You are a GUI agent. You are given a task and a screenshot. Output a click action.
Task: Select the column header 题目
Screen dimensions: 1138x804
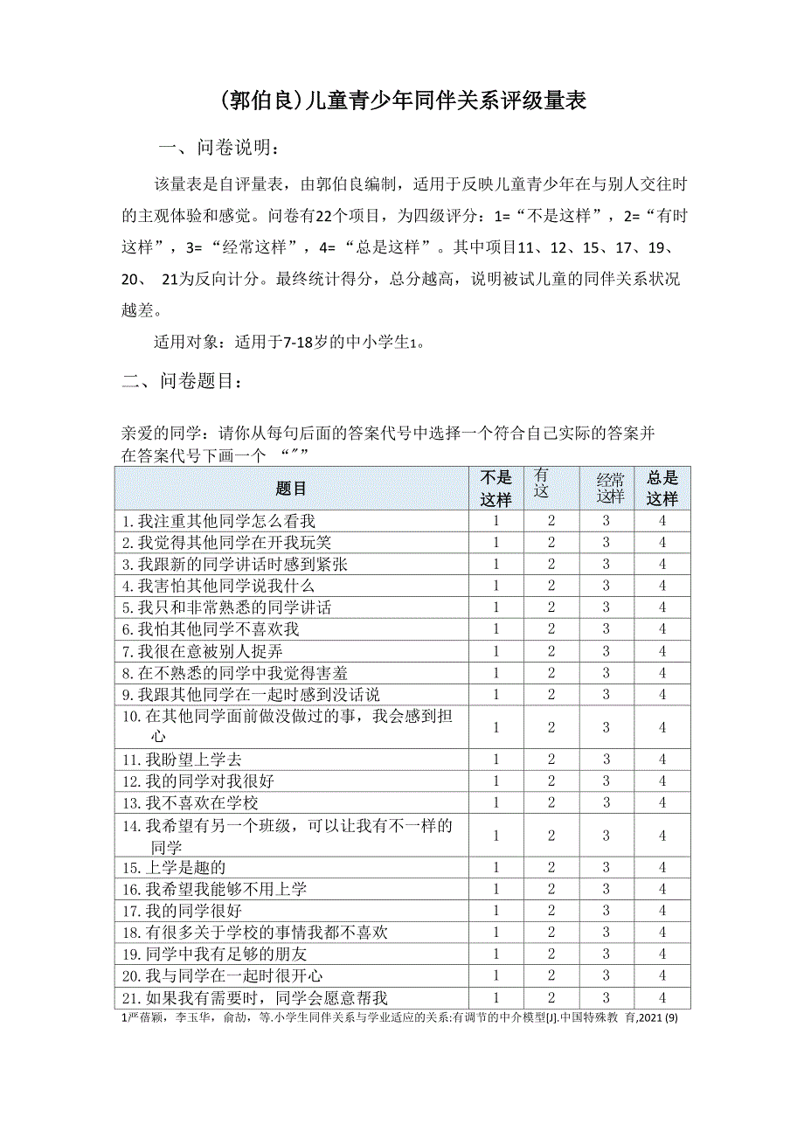(291, 488)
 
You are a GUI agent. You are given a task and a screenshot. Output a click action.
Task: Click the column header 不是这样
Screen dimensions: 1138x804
(496, 488)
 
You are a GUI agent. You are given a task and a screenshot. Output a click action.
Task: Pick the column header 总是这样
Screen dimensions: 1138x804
(662, 488)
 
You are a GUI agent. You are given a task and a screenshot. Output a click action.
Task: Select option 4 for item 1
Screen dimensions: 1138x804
(662, 521)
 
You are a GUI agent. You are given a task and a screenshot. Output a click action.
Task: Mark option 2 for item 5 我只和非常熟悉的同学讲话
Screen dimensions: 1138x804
(551, 607)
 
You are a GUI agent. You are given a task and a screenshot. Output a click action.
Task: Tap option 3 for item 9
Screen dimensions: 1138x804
(606, 694)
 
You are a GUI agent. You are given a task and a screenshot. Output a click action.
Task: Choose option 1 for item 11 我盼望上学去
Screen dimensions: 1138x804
(496, 760)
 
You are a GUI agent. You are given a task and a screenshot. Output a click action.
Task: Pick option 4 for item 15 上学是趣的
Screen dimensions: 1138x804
(662, 868)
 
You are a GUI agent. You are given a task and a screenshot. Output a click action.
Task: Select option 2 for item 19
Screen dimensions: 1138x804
(551, 954)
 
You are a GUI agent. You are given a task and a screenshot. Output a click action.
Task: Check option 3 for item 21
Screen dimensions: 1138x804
(606, 997)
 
